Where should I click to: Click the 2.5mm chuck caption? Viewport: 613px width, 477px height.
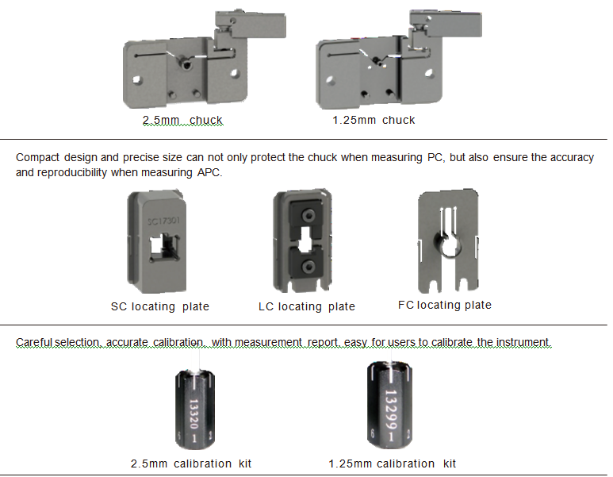coord(182,120)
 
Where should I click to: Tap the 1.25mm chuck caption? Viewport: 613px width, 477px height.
coord(374,120)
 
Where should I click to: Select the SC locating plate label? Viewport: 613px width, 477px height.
coord(160,306)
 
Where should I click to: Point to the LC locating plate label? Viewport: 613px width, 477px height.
coord(306,306)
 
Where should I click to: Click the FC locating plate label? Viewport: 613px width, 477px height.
coord(445,305)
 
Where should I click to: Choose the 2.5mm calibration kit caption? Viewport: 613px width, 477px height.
coord(191,464)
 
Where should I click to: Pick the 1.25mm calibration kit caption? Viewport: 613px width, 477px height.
coord(392,464)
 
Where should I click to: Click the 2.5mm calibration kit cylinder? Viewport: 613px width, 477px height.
coord(194,410)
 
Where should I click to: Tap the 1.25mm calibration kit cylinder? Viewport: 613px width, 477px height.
coord(389,406)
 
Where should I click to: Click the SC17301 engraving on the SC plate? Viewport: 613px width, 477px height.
coord(163,221)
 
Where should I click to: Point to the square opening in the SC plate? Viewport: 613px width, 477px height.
coord(163,248)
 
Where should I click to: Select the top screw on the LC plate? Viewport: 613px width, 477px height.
coord(308,216)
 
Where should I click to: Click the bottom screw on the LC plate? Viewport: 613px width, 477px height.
coord(308,267)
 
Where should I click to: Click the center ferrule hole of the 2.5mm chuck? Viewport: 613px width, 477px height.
coord(186,63)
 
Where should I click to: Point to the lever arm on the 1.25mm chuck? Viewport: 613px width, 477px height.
coord(446,24)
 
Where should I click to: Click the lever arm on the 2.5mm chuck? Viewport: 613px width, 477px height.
coord(251,25)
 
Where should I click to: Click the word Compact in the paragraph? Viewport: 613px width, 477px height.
coord(37,158)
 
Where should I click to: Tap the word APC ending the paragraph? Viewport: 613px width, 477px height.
coord(209,172)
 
